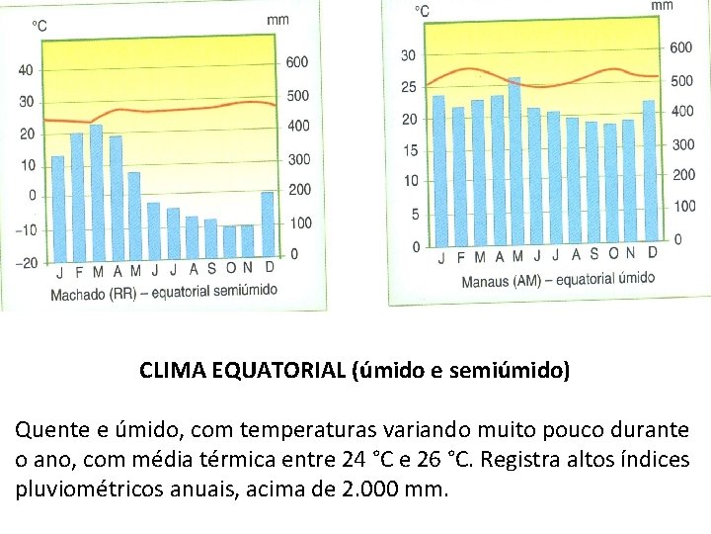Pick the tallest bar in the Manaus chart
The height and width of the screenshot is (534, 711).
pyautogui.click(x=514, y=160)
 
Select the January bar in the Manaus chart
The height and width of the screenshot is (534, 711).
pyautogui.click(x=438, y=169)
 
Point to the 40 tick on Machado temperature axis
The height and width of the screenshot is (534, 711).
pyautogui.click(x=25, y=69)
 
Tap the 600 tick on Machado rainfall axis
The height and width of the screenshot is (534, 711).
pyautogui.click(x=297, y=61)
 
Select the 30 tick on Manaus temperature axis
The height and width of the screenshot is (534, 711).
pyautogui.click(x=408, y=54)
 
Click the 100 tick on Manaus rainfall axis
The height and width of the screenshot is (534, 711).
pyautogui.click(x=683, y=206)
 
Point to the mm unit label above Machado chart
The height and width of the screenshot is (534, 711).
pyautogui.click(x=278, y=20)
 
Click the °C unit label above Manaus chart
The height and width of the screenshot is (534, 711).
pyautogui.click(x=421, y=11)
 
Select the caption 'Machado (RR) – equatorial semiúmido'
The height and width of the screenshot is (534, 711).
pyautogui.click(x=163, y=292)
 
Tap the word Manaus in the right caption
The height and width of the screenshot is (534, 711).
pyautogui.click(x=486, y=280)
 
